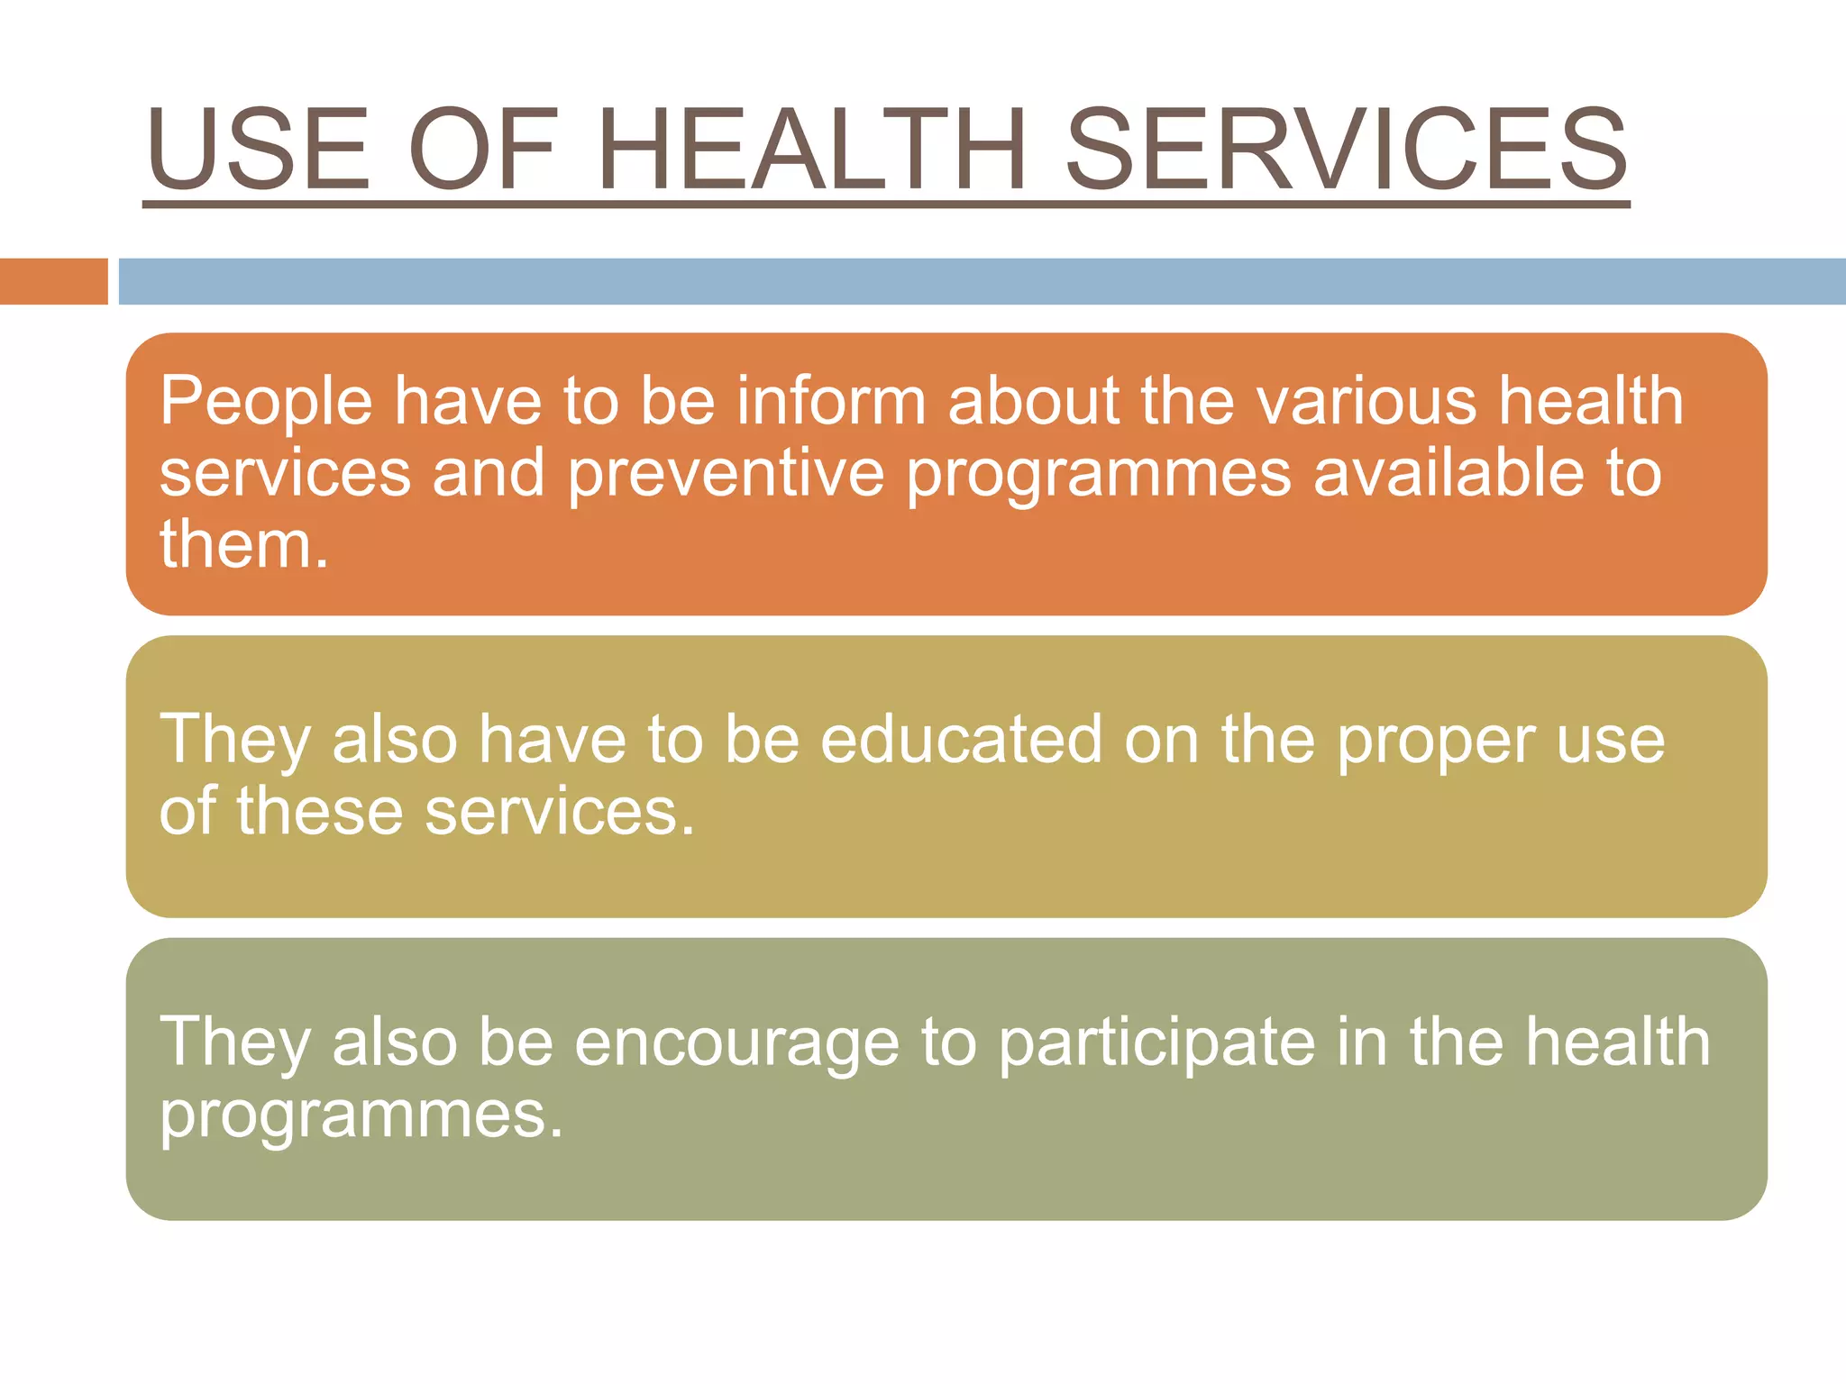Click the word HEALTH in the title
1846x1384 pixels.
[x=811, y=150]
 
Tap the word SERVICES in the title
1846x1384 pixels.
[x=1347, y=150]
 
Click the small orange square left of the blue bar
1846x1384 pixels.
[x=53, y=281]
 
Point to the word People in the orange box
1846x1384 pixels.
[x=266, y=402]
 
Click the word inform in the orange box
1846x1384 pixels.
[x=831, y=400]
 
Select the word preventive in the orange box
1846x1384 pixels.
[x=726, y=474]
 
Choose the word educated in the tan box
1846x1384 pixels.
[x=961, y=740]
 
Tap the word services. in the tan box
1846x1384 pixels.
[x=560, y=811]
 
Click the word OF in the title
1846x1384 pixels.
[x=483, y=150]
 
